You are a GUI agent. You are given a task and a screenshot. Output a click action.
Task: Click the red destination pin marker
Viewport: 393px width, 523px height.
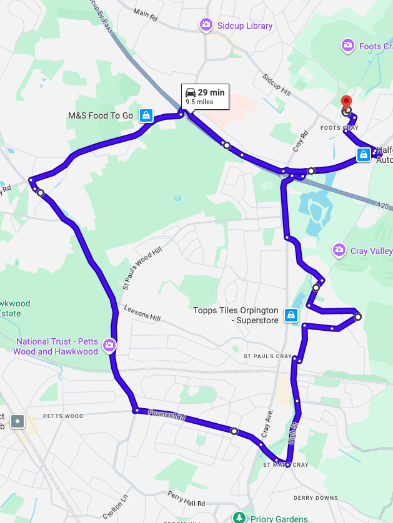[x=345, y=104]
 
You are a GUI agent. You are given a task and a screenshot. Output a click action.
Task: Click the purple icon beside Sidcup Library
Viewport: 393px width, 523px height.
[x=206, y=25]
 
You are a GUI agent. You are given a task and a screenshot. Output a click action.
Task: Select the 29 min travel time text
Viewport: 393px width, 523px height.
[x=211, y=93]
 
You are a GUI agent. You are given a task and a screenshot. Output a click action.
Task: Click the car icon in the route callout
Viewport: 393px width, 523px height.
[x=191, y=93]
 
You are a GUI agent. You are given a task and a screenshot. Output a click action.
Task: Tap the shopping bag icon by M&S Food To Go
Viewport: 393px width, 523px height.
[x=146, y=115]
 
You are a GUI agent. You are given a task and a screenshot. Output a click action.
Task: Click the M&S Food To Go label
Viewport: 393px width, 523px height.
[x=101, y=115]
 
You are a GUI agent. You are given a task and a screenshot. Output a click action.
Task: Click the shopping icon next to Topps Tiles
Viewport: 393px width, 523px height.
[x=291, y=315]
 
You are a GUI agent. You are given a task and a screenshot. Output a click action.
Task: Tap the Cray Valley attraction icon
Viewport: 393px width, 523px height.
[x=339, y=250]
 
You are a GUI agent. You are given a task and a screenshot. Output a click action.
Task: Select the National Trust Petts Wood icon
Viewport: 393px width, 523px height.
[x=110, y=345]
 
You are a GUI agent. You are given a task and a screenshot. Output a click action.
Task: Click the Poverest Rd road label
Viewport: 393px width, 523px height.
[x=167, y=415]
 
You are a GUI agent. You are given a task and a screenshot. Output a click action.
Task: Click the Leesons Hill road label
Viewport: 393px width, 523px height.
[x=142, y=313]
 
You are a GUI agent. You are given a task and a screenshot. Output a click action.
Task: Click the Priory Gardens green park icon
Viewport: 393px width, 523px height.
[x=238, y=518]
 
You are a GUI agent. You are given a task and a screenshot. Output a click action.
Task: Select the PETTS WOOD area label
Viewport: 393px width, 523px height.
[x=62, y=416]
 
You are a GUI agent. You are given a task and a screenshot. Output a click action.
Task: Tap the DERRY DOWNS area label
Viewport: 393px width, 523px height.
[x=316, y=498]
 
